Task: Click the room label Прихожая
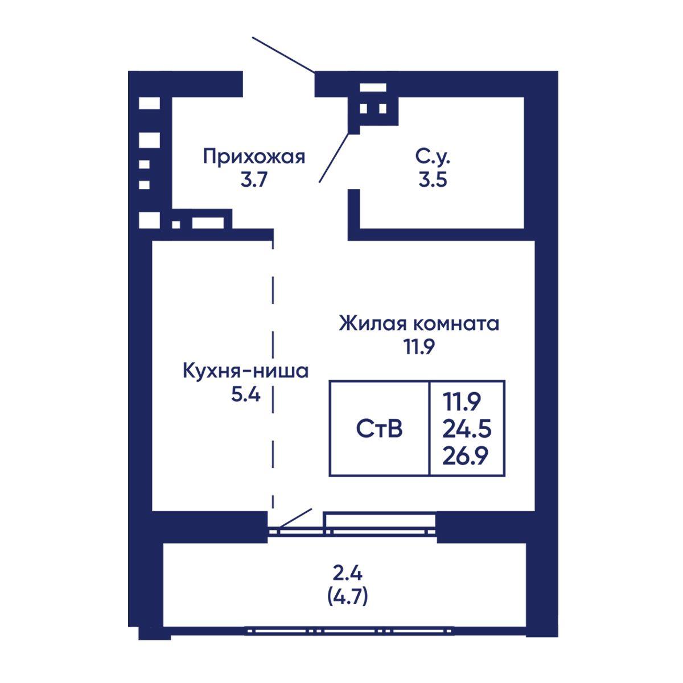pyautogui.click(x=254, y=157)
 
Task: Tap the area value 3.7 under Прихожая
pyautogui.click(x=253, y=180)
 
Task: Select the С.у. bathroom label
pyautogui.click(x=433, y=157)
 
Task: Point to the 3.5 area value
pyautogui.click(x=433, y=180)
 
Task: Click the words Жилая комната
pyautogui.click(x=419, y=324)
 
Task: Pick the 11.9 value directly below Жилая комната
pyautogui.click(x=419, y=347)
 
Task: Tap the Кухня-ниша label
pyautogui.click(x=246, y=371)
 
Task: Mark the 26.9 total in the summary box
pyautogui.click(x=465, y=455)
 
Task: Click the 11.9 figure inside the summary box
pyautogui.click(x=461, y=402)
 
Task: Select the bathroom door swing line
pyautogui.click(x=334, y=158)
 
